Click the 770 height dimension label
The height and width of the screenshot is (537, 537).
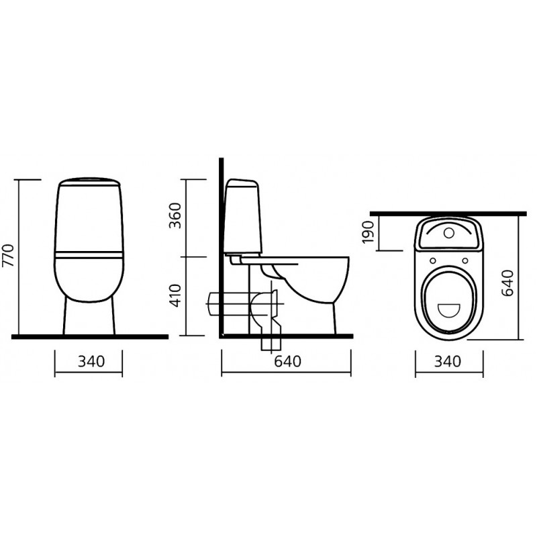click(8, 255)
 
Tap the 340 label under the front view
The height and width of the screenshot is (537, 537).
click(91, 361)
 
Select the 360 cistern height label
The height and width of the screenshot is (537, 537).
click(175, 215)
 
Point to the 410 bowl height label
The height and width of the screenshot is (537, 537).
click(175, 295)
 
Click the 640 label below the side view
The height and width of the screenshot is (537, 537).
click(288, 361)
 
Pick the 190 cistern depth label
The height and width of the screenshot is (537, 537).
click(368, 232)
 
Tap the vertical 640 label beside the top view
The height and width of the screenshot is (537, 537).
click(507, 283)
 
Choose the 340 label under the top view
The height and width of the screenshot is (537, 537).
click(448, 361)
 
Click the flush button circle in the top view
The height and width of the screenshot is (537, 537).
click(448, 233)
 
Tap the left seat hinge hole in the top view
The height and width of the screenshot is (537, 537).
click(433, 260)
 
